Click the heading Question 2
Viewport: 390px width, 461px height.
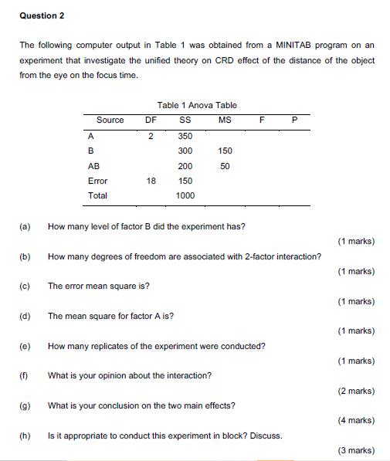[x=42, y=15]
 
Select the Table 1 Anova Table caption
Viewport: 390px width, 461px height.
[x=197, y=105]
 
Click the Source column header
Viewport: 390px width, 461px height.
[x=110, y=120]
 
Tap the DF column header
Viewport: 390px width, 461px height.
[x=151, y=120]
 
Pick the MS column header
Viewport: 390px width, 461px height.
[x=225, y=120]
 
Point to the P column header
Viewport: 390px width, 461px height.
[x=294, y=120]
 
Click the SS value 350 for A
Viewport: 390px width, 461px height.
[x=185, y=135]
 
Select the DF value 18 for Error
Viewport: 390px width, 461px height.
[x=151, y=181]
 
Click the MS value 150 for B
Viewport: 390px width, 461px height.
[x=225, y=151]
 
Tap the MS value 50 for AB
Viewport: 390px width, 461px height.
[x=225, y=166]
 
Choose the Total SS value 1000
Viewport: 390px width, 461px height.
[x=185, y=196]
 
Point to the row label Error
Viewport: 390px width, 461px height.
[x=98, y=181]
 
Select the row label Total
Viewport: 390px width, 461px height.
[x=98, y=196]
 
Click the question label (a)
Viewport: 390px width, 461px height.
[x=25, y=227]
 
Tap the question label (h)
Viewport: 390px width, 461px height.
[x=25, y=436]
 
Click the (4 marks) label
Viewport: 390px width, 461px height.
[x=356, y=421]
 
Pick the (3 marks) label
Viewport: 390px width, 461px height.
[x=356, y=450]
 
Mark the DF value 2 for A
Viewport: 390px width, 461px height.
[x=151, y=135]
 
